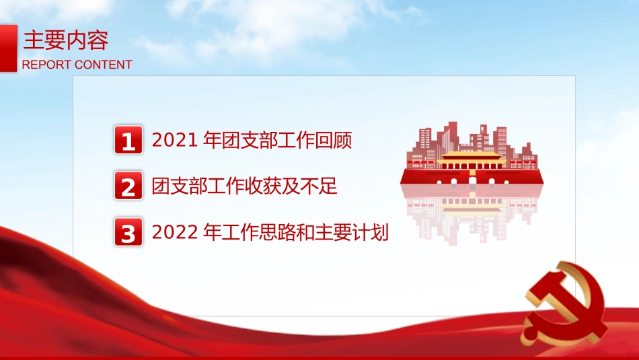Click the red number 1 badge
pyautogui.click(x=128, y=141)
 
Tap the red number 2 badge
pyautogui.click(x=128, y=186)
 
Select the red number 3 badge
pyautogui.click(x=128, y=233)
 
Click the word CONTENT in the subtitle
pyautogui.click(x=103, y=65)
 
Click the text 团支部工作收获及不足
pyautogui.click(x=245, y=186)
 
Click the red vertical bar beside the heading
pyautogui.click(x=8, y=48)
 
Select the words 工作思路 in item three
pyautogui.click(x=259, y=233)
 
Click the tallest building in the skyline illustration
pyautogui.click(x=453, y=135)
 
